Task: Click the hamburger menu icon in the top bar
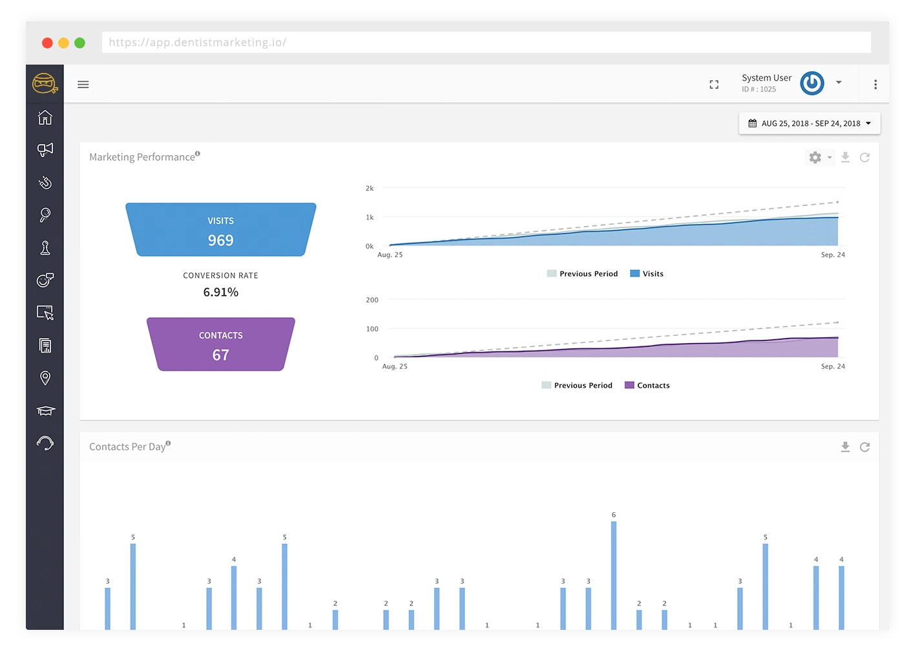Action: coord(83,85)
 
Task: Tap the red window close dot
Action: coord(47,43)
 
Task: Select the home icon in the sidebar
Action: coord(45,118)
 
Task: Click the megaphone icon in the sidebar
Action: coord(45,150)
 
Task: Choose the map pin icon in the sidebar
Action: coord(45,378)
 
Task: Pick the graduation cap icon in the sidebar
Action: coord(45,410)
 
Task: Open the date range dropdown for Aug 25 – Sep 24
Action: coord(809,123)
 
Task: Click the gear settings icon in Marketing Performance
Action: coord(815,157)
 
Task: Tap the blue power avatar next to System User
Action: coord(812,83)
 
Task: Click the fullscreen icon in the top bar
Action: coord(713,85)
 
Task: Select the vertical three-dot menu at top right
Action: coord(875,85)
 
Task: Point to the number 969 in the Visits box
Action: coord(220,240)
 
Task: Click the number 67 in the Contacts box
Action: coord(220,355)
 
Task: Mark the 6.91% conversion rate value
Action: coord(220,292)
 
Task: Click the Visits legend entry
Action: coord(647,273)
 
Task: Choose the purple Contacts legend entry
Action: coord(647,385)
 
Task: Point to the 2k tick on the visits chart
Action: coord(369,188)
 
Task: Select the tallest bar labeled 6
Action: coord(613,576)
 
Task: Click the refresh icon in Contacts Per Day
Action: coord(865,447)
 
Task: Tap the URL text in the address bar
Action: coord(197,43)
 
